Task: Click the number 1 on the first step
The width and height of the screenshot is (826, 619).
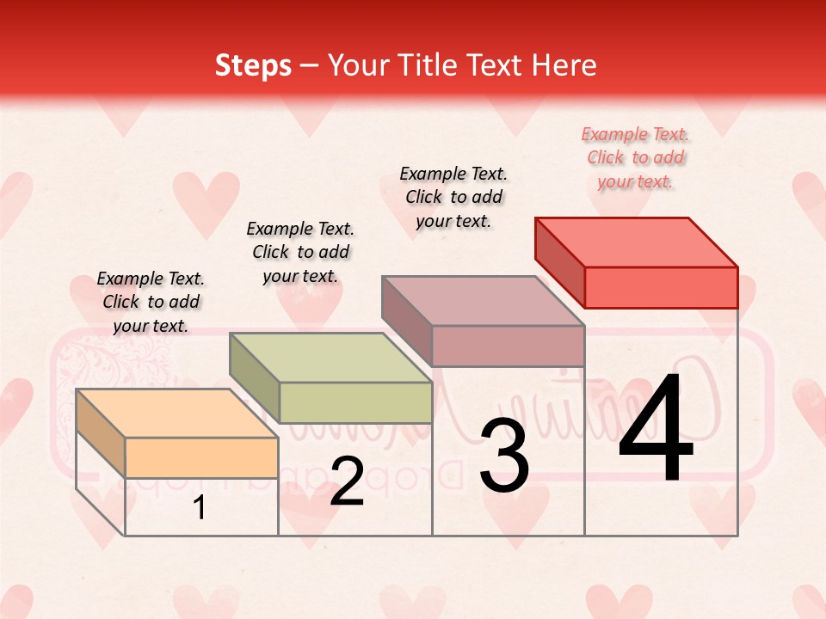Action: pos(200,508)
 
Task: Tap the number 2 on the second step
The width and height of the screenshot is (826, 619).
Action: pos(347,481)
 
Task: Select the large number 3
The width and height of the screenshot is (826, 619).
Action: pos(504,456)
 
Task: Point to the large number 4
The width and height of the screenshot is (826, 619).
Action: pos(656,430)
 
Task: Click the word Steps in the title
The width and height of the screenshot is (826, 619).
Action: pos(253,65)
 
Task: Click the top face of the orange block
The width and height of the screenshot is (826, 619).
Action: pos(176,413)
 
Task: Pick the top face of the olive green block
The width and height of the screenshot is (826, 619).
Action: pos(330,357)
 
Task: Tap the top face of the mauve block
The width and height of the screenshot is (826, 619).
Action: pos(484,300)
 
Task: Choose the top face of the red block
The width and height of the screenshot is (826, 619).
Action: pos(637,242)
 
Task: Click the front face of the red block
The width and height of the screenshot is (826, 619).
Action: pos(661,287)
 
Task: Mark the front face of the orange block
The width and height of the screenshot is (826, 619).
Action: pos(201,457)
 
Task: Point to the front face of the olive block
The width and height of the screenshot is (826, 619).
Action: pos(355,402)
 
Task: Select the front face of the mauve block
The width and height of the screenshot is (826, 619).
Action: pos(508,346)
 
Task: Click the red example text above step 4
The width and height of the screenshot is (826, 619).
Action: pos(635,157)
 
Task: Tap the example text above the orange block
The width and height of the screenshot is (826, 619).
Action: pos(151,302)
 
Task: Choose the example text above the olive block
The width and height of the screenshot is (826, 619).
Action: pos(300,252)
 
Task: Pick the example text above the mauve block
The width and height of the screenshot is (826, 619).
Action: pos(453,197)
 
